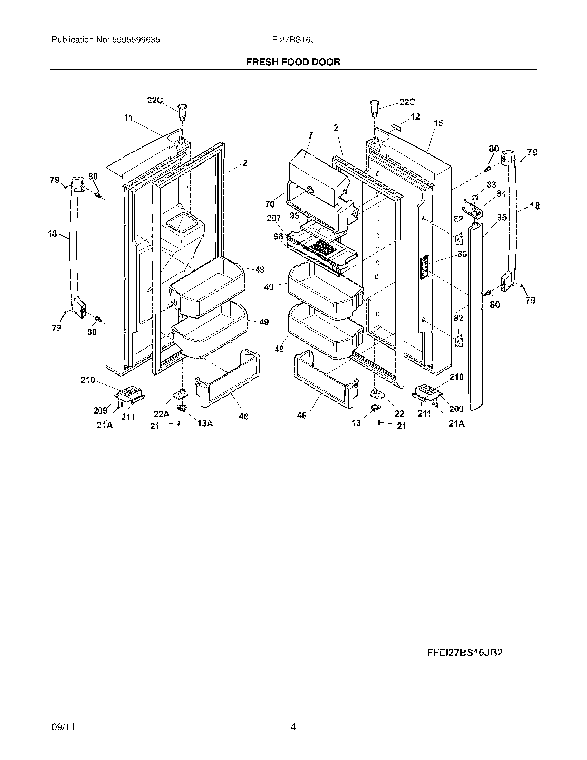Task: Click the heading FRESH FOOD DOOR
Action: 293,62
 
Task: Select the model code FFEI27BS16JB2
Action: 464,653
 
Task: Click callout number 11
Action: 129,118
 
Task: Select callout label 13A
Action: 205,423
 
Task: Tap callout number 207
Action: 274,219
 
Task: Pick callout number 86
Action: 462,254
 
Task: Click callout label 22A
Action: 161,414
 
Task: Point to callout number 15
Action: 439,123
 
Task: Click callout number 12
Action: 415,116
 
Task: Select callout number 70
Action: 270,205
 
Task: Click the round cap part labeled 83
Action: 475,198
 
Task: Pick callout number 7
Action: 310,136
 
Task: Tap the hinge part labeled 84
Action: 472,209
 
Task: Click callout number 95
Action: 295,216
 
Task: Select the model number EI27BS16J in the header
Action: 293,40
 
